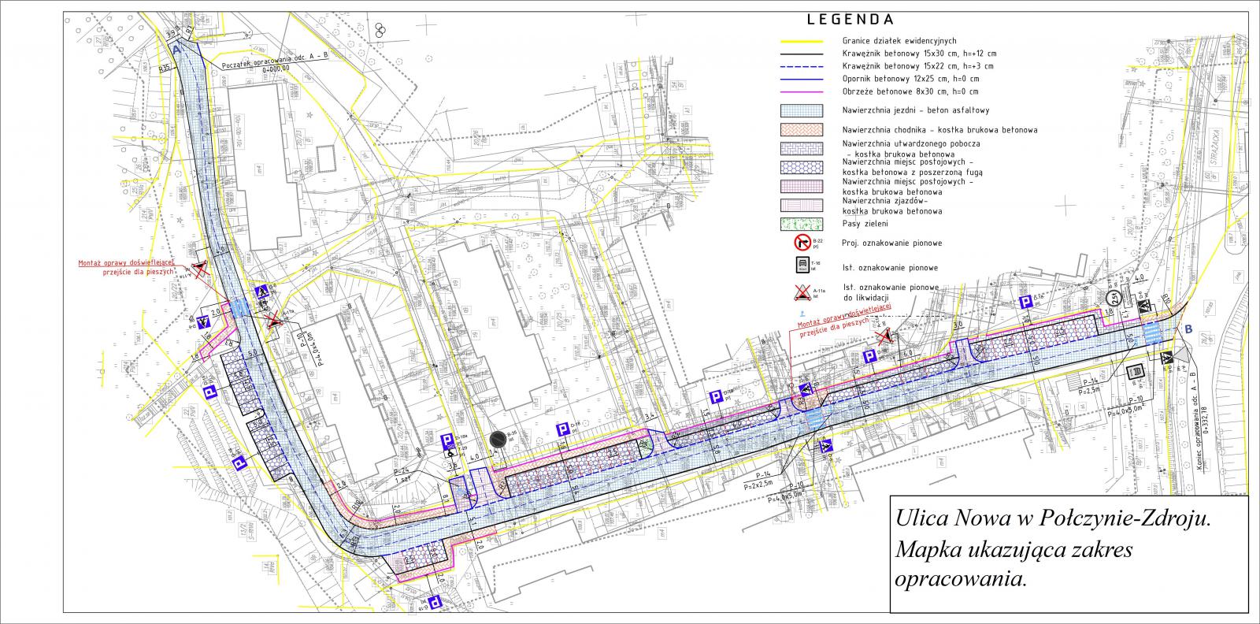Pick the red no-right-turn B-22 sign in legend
point(802,243)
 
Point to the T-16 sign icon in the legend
point(802,266)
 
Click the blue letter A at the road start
point(177,50)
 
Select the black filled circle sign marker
point(497,440)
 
